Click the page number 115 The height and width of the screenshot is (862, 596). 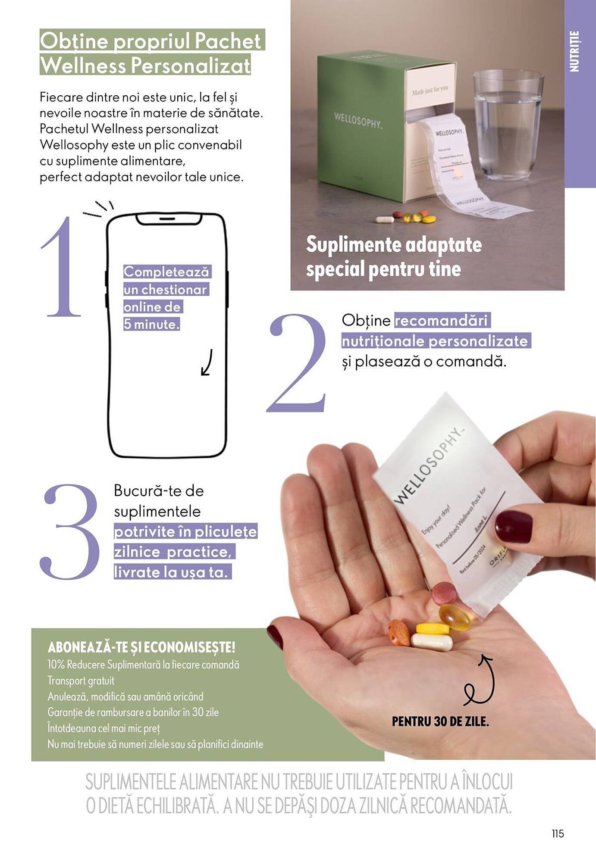[x=558, y=834]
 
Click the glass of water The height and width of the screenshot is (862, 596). [x=507, y=125]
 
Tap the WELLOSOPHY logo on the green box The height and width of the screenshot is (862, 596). [x=358, y=120]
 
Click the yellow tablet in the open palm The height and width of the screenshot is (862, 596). [x=433, y=628]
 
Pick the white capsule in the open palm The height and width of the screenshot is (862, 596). [x=432, y=642]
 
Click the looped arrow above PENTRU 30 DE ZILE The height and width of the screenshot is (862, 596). [x=480, y=681]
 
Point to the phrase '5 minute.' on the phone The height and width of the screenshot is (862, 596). [x=151, y=324]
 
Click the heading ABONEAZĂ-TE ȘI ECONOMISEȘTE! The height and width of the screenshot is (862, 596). [x=141, y=647]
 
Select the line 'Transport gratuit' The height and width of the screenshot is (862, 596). [x=81, y=681]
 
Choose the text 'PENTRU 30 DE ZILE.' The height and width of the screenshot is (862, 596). [x=440, y=721]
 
